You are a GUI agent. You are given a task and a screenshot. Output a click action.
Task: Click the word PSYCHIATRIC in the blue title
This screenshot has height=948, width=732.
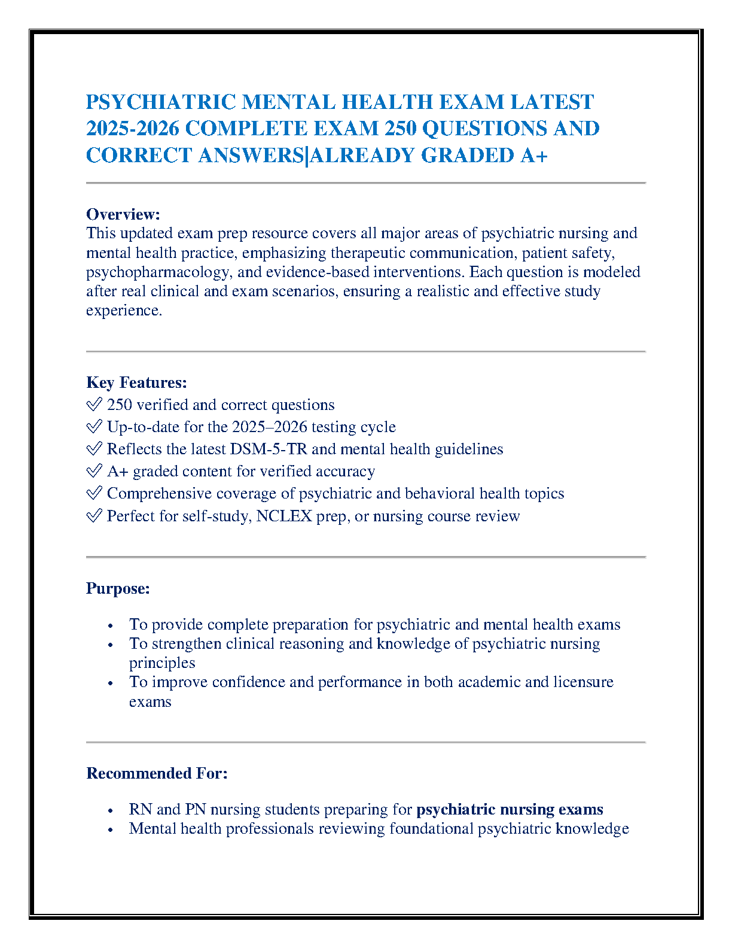point(161,102)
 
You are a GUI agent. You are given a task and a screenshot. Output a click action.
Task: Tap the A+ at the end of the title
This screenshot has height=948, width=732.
point(533,156)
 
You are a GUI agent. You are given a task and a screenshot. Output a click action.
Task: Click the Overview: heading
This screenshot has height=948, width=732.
point(123,214)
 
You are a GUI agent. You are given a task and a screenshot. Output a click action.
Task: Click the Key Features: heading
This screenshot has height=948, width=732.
point(136,382)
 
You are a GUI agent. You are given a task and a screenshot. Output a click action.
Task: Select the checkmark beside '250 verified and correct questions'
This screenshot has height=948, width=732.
point(94,405)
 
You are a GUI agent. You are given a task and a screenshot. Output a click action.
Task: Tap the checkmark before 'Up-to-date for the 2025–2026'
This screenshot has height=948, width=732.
point(94,427)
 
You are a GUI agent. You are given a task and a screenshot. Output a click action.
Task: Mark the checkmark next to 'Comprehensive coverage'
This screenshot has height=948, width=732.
point(94,494)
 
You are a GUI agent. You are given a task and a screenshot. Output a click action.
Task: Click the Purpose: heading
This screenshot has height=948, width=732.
point(118,588)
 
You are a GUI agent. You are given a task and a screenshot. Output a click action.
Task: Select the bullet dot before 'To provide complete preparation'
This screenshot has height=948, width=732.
point(111,625)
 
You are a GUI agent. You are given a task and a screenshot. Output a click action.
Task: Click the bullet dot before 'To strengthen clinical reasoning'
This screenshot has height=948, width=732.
point(111,645)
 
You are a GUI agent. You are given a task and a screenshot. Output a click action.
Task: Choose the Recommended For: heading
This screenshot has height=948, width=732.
point(157,773)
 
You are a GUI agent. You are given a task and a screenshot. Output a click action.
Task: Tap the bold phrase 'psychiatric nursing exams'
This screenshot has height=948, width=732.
point(510,810)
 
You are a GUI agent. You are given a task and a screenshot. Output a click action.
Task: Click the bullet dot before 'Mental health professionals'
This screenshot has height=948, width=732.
point(111,829)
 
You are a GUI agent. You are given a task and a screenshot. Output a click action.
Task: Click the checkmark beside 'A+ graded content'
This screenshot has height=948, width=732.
point(94,472)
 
